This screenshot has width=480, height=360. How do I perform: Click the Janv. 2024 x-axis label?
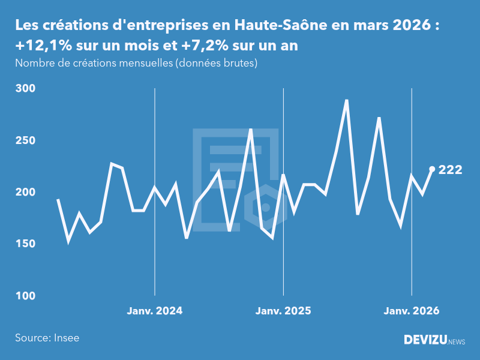155,311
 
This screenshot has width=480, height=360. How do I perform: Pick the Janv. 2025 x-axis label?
283,311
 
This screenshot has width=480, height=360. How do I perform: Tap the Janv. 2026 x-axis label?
412,311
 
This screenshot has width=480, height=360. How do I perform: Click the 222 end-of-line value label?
450,170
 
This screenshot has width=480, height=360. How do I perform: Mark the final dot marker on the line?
432,169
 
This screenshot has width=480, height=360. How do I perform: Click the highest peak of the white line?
347,100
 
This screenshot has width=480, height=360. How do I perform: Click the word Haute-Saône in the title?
272,26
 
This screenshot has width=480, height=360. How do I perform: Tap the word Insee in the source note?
66,338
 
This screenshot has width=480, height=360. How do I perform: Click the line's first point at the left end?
58,199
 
